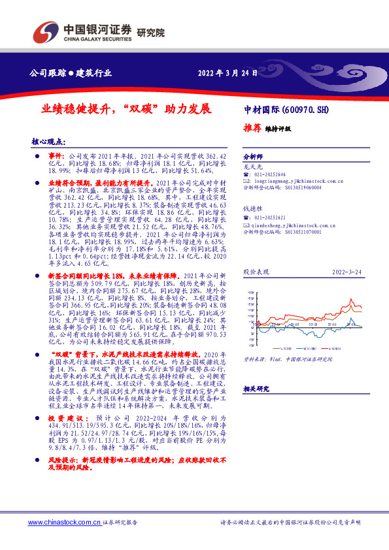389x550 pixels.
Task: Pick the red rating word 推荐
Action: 252,128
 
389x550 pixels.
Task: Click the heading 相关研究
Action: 256,388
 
